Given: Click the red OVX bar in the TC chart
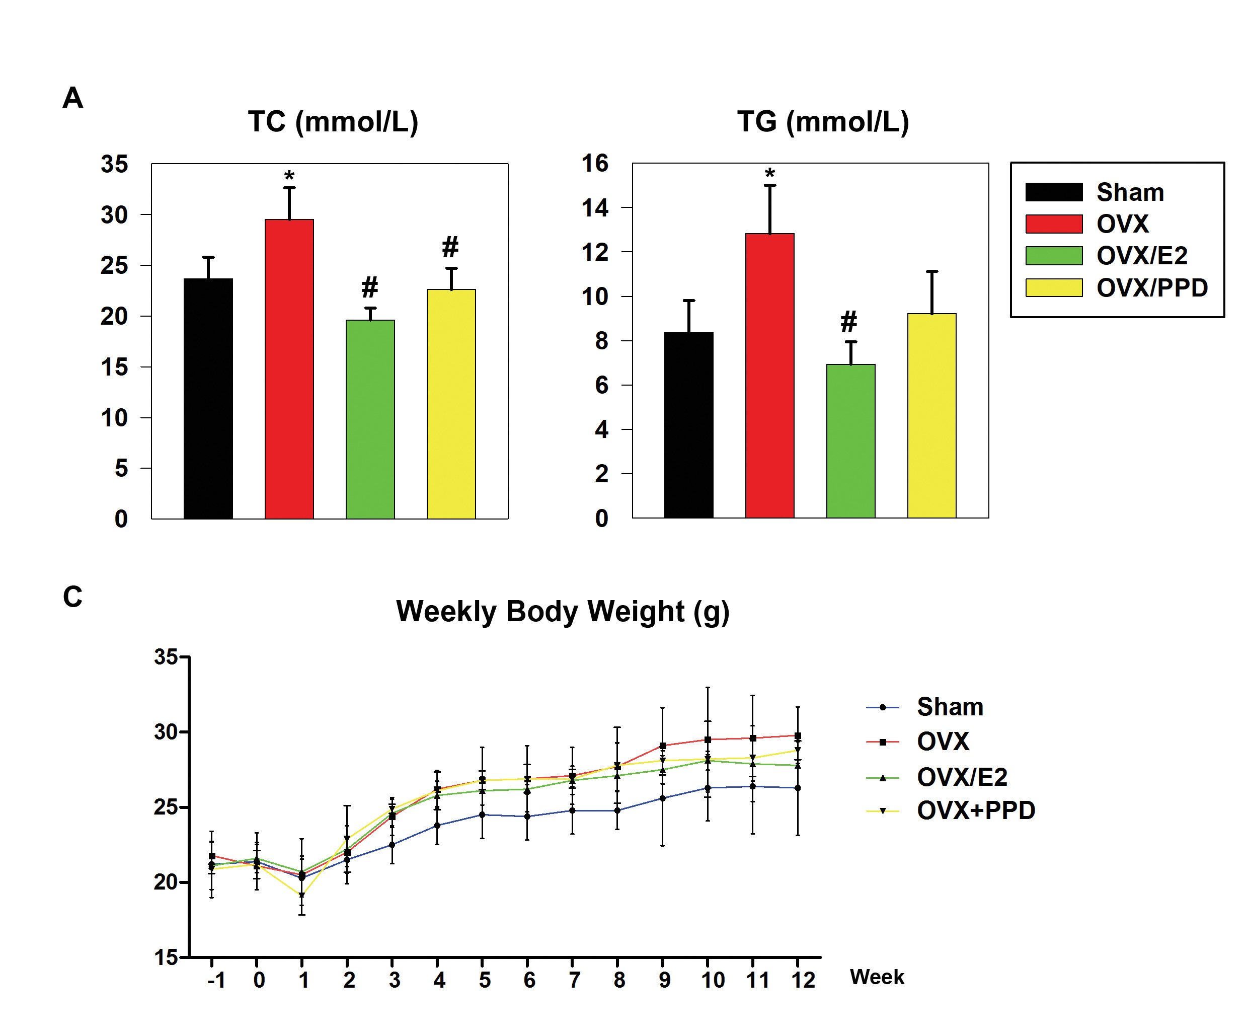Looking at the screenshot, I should (x=289, y=368).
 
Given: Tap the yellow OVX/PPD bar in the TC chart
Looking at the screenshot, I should (x=451, y=404).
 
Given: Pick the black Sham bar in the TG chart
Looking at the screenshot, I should (x=688, y=425).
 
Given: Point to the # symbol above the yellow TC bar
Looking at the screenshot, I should (x=450, y=247).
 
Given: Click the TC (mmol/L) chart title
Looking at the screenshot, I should (x=333, y=122).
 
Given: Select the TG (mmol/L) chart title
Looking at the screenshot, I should (x=822, y=122).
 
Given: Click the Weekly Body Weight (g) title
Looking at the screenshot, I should (x=562, y=611).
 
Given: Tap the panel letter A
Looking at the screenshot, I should (x=72, y=97).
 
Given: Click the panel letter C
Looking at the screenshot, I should (x=72, y=597).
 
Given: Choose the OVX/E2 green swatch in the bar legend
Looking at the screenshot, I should (x=1053, y=256).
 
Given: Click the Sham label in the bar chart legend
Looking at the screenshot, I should (x=1129, y=192).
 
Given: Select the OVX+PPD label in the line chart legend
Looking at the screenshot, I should (x=976, y=810).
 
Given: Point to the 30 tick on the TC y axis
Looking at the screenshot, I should (x=114, y=215).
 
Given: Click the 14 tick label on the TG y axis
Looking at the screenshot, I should (x=595, y=208).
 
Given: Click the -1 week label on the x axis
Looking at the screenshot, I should (x=216, y=980).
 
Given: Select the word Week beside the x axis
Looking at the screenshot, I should (x=877, y=977).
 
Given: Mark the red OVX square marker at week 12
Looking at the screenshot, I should (x=798, y=736).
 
